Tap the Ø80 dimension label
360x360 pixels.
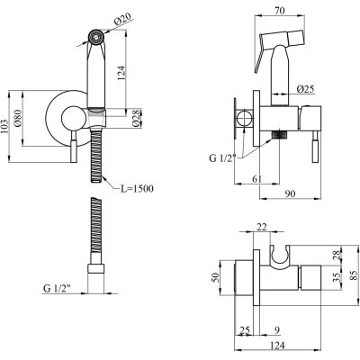[18, 119]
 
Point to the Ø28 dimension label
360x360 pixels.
[137, 118]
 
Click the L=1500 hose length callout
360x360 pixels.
[137, 189]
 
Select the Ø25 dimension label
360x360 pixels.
[305, 89]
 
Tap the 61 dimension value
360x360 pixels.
[256, 179]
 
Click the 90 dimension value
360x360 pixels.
[290, 193]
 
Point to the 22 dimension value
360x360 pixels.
[262, 227]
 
